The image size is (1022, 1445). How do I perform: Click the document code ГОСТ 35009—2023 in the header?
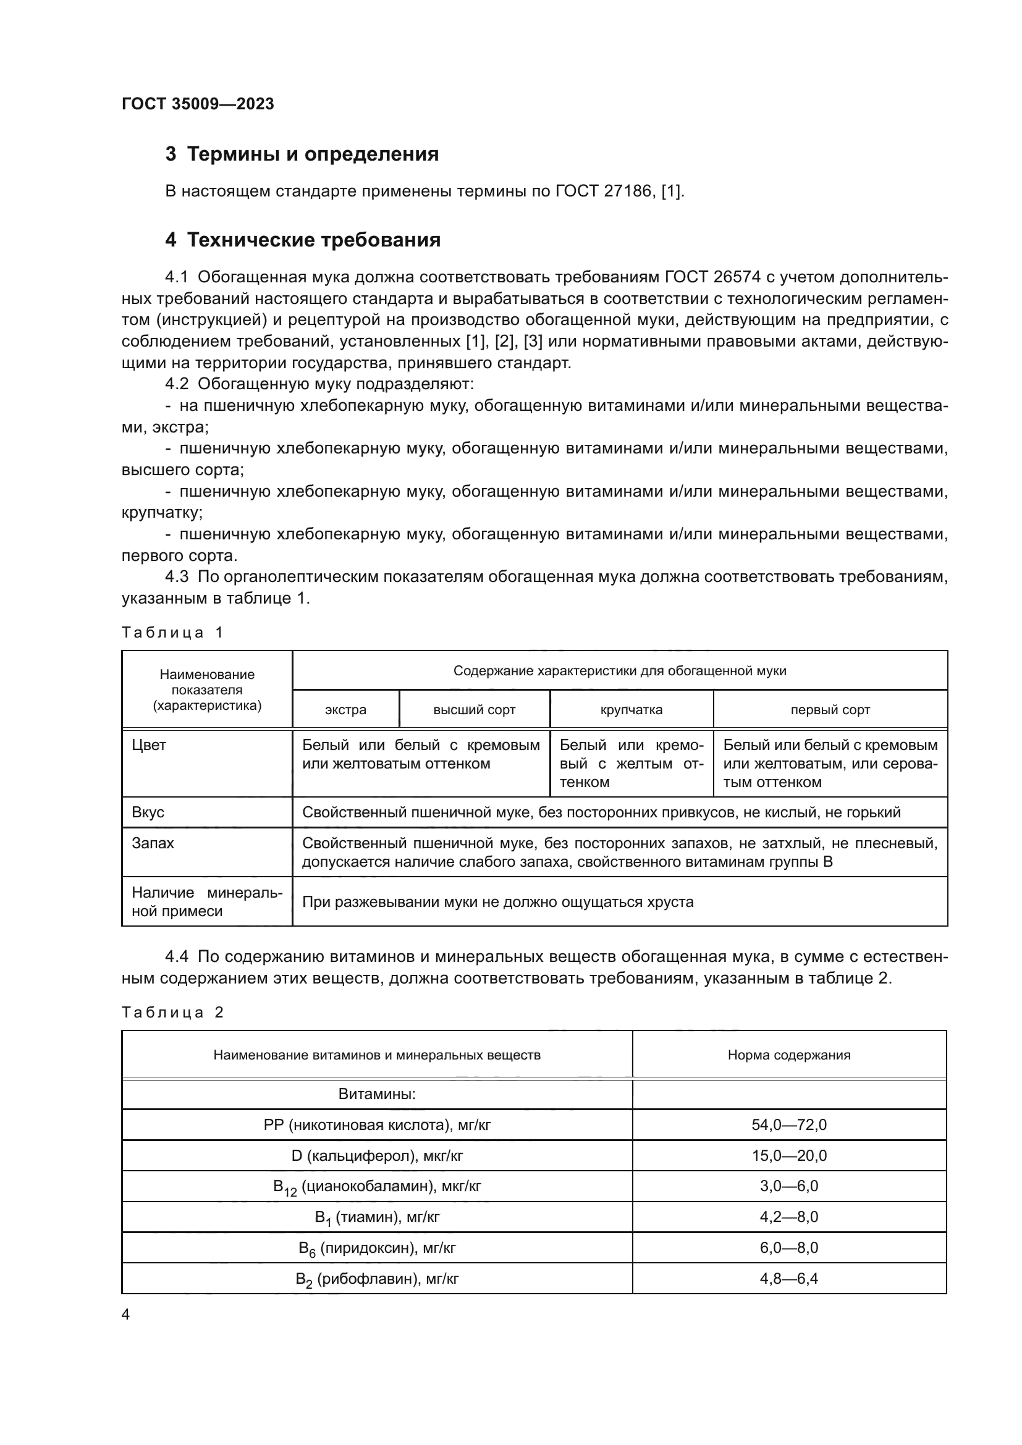[198, 104]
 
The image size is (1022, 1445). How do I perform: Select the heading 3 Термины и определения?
[302, 154]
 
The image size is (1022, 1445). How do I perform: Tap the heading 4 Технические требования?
[303, 240]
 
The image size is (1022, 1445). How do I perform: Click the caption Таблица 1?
[172, 633]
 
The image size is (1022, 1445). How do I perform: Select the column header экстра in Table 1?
[345, 710]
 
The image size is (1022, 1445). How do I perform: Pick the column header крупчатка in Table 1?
[631, 710]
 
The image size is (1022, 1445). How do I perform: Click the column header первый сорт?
[830, 710]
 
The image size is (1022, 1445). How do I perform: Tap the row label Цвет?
[149, 745]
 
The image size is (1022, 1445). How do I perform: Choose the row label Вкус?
[148, 812]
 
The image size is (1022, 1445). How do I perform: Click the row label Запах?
[153, 843]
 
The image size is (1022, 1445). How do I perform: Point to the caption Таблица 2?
[172, 1013]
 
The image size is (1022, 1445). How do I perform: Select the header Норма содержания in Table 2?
[788, 1055]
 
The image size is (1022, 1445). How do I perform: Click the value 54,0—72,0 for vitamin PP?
[788, 1124]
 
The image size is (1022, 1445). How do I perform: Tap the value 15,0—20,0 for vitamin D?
[788, 1155]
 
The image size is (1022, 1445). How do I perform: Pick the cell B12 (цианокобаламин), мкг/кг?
[377, 1187]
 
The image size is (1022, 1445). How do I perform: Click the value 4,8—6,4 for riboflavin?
[788, 1279]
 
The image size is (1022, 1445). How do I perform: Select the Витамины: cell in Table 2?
[377, 1094]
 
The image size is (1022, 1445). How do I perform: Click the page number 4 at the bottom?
[126, 1315]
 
